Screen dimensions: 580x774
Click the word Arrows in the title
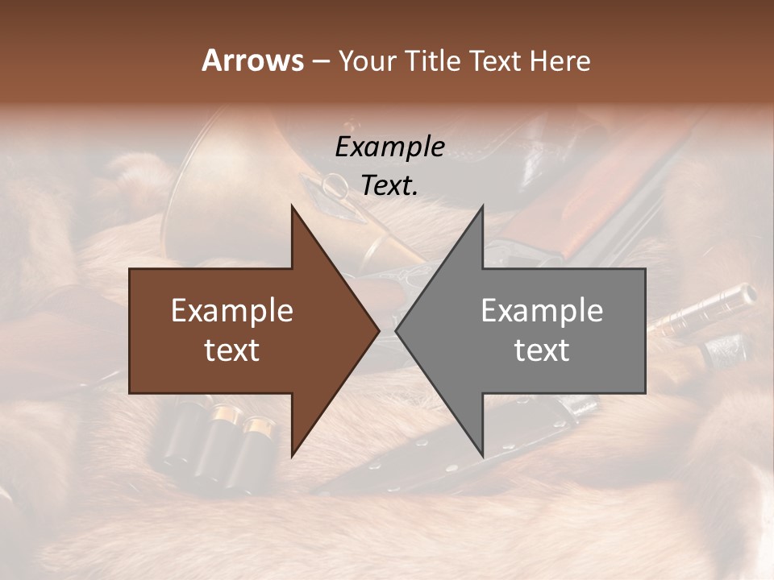[x=253, y=60]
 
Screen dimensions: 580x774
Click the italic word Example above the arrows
[x=390, y=147]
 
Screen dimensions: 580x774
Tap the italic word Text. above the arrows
[x=390, y=186]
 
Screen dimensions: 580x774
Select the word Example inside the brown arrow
[x=232, y=311]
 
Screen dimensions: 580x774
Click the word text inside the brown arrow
[x=232, y=350]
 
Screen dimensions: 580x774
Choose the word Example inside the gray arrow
[x=542, y=311]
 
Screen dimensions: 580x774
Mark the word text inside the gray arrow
[x=542, y=350]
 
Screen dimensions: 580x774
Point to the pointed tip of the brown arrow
[x=378, y=330]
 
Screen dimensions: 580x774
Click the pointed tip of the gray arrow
[x=397, y=330]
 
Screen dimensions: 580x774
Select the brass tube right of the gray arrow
[x=701, y=310]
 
